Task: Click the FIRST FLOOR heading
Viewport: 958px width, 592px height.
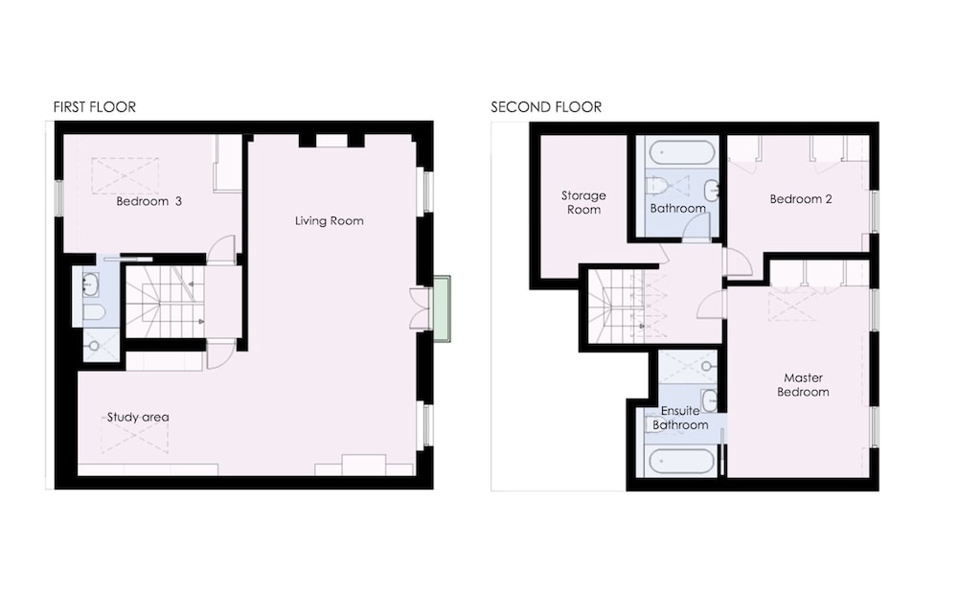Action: pyautogui.click(x=95, y=107)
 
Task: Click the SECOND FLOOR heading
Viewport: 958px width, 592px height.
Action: pyautogui.click(x=546, y=107)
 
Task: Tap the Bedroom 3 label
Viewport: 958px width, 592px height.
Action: pyautogui.click(x=149, y=201)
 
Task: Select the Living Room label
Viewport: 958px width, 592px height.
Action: pyautogui.click(x=330, y=220)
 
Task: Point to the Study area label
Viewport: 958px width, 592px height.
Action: pyautogui.click(x=138, y=418)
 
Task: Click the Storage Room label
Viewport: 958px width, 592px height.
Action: pyautogui.click(x=583, y=202)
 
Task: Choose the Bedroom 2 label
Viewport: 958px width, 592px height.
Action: pyautogui.click(x=800, y=198)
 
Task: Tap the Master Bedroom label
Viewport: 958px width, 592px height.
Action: pyautogui.click(x=803, y=385)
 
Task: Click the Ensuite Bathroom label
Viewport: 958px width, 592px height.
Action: pyautogui.click(x=680, y=418)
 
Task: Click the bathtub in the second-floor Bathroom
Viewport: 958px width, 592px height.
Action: pyautogui.click(x=682, y=152)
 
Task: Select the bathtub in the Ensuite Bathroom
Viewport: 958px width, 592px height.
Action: pyautogui.click(x=681, y=462)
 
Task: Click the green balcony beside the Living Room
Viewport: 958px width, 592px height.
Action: pyautogui.click(x=442, y=308)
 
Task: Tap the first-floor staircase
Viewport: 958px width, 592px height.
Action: pyautogui.click(x=165, y=301)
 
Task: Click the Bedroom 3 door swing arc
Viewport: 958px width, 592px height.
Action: pyautogui.click(x=221, y=249)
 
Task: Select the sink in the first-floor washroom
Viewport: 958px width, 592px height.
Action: pyautogui.click(x=90, y=285)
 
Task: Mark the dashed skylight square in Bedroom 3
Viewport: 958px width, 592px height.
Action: pyautogui.click(x=125, y=176)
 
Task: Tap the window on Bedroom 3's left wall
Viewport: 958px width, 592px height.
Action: pyautogui.click(x=58, y=197)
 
